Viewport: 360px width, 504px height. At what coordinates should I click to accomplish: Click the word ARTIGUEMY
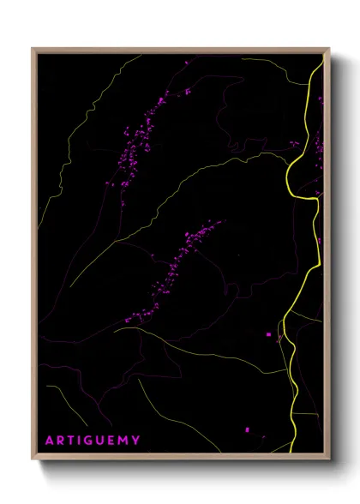coord(93,441)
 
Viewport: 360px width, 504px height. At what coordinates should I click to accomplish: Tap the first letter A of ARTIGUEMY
coord(50,441)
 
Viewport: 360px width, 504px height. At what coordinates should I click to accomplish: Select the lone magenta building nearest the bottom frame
coord(247,429)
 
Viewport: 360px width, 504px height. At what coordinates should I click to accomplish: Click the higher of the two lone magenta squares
coord(268,333)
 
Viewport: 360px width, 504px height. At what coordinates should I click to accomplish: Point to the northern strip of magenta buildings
coord(137,141)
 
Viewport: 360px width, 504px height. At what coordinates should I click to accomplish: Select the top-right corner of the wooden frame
coord(328,49)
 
